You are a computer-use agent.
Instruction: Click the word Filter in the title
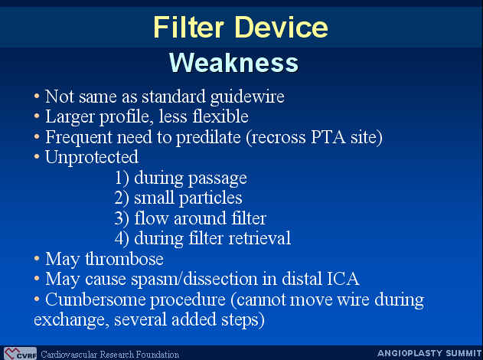[188, 27]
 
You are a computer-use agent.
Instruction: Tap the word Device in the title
[281, 27]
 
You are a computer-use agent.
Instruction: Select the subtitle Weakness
[233, 63]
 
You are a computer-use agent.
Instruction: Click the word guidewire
[247, 97]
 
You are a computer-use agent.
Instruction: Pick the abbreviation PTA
[328, 137]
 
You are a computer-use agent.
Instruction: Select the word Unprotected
[92, 157]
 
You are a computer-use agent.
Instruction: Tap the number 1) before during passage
[122, 178]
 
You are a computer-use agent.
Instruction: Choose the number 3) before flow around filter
[122, 218]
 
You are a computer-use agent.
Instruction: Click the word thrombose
[125, 259]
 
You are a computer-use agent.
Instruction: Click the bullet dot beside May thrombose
[37, 258]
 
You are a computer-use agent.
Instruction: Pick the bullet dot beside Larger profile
[37, 116]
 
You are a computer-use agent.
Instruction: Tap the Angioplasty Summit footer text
[429, 353]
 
